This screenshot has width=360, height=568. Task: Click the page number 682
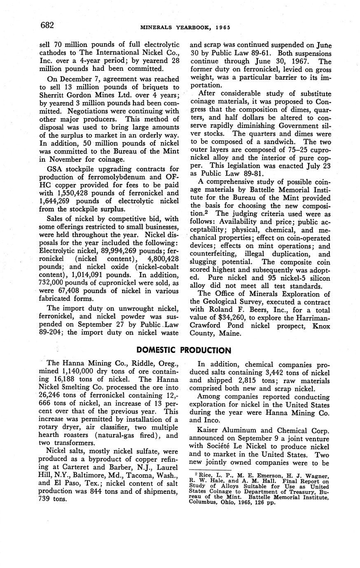tap(47, 26)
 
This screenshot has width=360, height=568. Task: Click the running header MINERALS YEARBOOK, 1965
tap(185, 28)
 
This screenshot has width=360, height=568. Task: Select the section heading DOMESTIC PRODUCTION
tap(184, 350)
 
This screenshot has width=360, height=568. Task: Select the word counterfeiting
tap(214, 254)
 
